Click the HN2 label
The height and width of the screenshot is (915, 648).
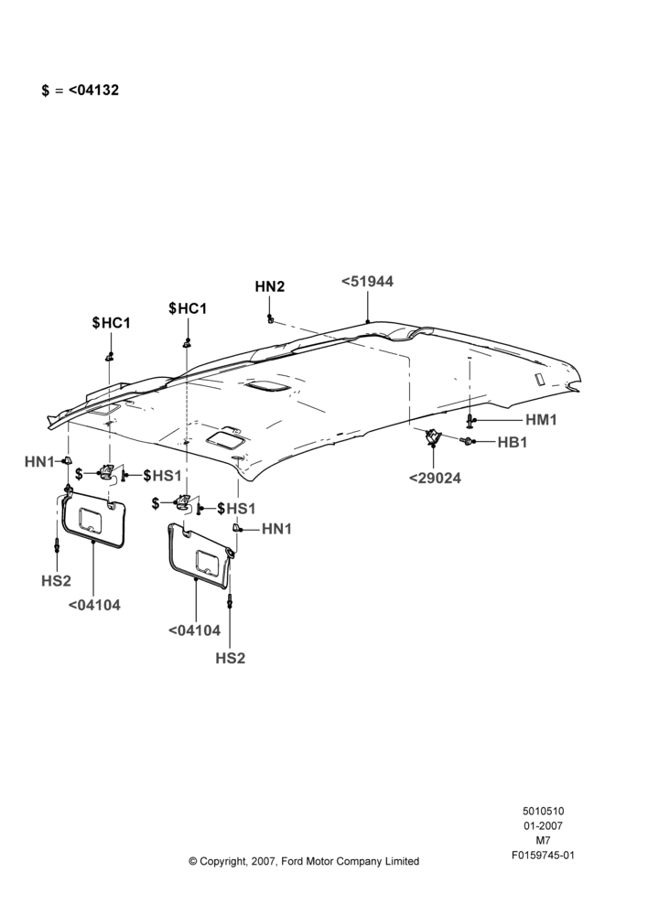(270, 286)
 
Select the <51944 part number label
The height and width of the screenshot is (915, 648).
(367, 281)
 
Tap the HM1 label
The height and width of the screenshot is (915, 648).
(541, 420)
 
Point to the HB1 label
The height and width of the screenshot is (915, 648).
(512, 442)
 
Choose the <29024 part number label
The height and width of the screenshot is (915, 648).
(435, 478)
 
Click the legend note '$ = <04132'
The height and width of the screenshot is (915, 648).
(80, 90)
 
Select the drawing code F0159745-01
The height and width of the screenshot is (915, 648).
(543, 856)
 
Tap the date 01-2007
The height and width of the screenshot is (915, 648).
(543, 825)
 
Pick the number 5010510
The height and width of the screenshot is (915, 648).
(543, 811)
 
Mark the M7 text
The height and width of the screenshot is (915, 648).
(543, 841)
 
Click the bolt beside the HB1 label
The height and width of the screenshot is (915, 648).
(467, 442)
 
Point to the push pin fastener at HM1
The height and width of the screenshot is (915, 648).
(470, 420)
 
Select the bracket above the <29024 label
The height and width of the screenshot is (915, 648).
(433, 436)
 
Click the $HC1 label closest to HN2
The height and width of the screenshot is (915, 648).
(188, 308)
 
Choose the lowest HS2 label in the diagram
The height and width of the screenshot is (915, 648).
(230, 658)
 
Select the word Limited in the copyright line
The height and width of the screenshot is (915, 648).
(402, 861)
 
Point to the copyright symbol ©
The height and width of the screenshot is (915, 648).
(192, 861)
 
